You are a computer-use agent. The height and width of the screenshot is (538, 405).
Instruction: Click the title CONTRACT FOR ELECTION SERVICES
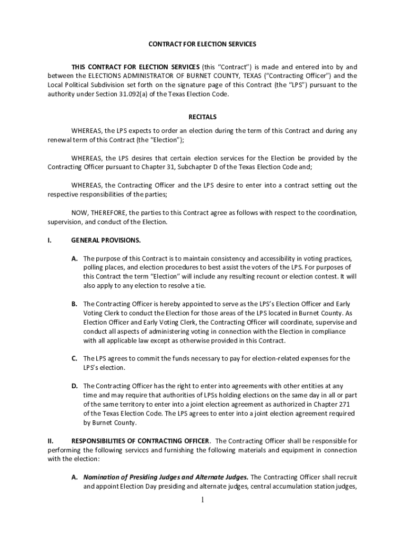[202, 44]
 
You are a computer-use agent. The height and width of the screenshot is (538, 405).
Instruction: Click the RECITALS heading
[202, 117]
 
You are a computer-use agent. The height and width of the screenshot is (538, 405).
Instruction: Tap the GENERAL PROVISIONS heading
[106, 240]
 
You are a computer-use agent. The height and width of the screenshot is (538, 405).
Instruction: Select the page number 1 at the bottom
[202, 500]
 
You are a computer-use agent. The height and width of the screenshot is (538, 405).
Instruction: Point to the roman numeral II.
[51, 441]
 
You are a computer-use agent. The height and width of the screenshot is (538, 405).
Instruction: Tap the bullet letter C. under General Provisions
[75, 358]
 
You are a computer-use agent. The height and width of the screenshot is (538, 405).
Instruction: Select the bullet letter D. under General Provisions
[75, 386]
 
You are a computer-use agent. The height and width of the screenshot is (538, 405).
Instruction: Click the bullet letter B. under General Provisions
[75, 304]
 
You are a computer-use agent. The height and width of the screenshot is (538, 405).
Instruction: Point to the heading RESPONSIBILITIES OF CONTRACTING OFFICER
[141, 441]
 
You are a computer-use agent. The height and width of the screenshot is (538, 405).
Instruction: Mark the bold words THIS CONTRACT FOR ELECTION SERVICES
[135, 67]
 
